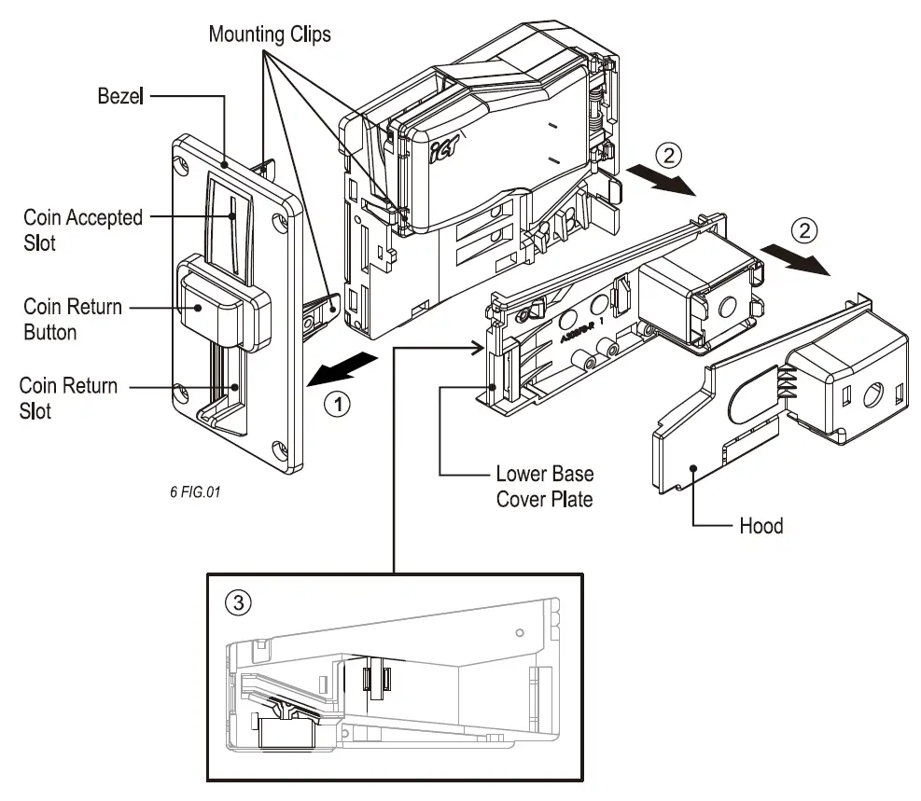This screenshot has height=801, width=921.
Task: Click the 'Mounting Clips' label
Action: tap(269, 35)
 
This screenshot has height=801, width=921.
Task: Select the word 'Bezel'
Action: tap(119, 95)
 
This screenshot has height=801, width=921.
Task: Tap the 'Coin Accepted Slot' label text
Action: tap(83, 228)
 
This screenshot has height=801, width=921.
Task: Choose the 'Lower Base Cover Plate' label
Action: tap(544, 486)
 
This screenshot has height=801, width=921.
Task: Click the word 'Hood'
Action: tap(761, 526)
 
